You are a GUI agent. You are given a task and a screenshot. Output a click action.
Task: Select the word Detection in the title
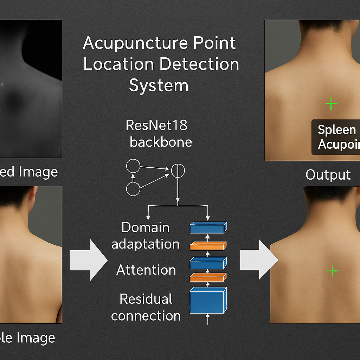(x=199, y=64)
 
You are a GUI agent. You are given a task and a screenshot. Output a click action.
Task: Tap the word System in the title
(x=159, y=85)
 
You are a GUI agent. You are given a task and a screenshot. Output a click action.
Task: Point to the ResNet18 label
(x=157, y=126)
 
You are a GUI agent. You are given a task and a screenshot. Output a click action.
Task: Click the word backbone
(x=161, y=142)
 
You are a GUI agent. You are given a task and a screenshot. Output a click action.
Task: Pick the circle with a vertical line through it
(x=178, y=171)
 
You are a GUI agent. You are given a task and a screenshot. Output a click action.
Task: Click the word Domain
(x=146, y=227)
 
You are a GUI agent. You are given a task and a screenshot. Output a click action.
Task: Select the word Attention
(x=146, y=270)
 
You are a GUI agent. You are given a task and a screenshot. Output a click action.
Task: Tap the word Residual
(x=146, y=299)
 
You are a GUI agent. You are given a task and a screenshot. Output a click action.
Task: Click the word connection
(x=146, y=316)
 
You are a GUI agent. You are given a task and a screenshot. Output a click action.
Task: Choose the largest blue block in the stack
(x=208, y=300)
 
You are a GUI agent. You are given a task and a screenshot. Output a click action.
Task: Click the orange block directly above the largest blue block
(x=208, y=277)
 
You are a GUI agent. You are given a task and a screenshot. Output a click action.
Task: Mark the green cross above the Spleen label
(x=331, y=104)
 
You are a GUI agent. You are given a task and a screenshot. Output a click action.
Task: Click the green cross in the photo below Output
(x=332, y=271)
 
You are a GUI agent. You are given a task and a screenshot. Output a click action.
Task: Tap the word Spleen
(x=337, y=130)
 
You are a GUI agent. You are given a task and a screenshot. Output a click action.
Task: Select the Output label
(x=328, y=175)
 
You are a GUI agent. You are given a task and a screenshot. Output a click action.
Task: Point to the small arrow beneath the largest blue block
(x=207, y=319)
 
